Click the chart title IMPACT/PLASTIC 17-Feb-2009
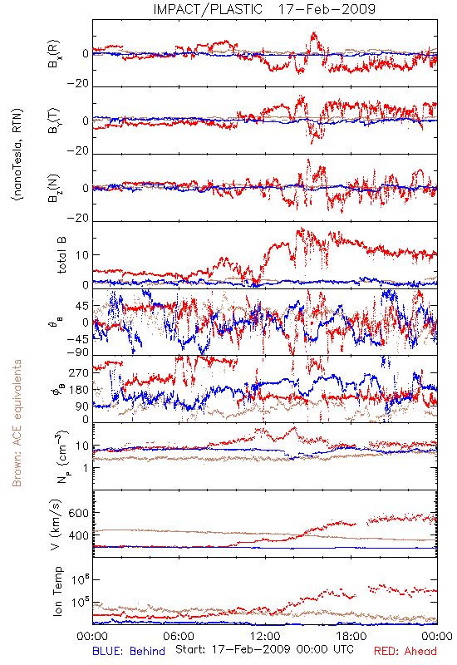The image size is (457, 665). pos(264,9)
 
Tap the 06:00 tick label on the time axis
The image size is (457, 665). pos(179,636)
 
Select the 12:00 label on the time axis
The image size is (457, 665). pos(265,636)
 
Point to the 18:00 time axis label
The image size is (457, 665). pos(351,636)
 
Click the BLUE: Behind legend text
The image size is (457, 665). pos(129,652)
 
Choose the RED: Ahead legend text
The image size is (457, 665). pos(405,652)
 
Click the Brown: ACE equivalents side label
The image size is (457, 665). pos(17,423)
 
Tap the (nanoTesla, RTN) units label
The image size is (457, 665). pos(17,155)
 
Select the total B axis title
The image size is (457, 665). pos(61,255)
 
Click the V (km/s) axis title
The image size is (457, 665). pos(56,525)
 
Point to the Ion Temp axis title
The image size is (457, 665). pos(57,591)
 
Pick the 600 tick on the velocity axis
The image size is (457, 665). pos(78,513)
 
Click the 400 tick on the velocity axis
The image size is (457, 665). pos(78,535)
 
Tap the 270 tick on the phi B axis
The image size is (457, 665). pos(79,372)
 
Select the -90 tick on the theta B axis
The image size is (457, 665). pos(78,352)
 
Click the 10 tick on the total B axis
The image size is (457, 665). pos(82,255)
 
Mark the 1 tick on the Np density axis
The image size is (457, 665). pos(86,468)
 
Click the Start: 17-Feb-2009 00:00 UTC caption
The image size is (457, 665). pos(264,649)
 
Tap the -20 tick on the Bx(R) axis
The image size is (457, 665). pos(78,84)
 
